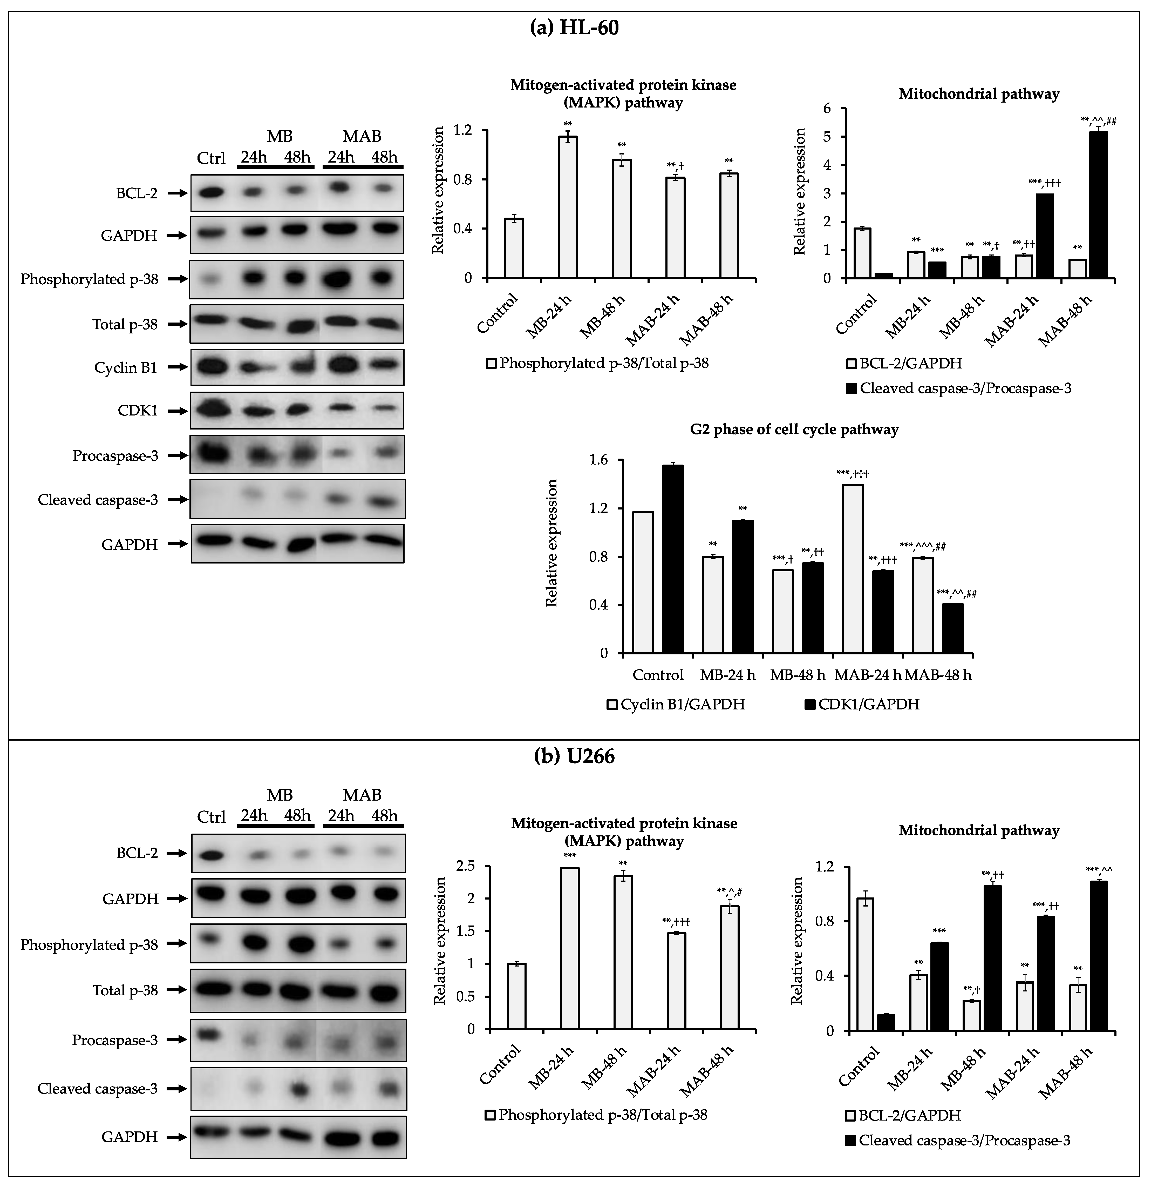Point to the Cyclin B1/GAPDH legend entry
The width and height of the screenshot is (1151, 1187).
tap(677, 704)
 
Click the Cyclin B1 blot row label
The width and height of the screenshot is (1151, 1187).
tap(126, 368)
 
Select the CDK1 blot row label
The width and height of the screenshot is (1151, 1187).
tap(138, 411)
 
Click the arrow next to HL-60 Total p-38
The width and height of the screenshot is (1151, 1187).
tap(177, 324)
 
